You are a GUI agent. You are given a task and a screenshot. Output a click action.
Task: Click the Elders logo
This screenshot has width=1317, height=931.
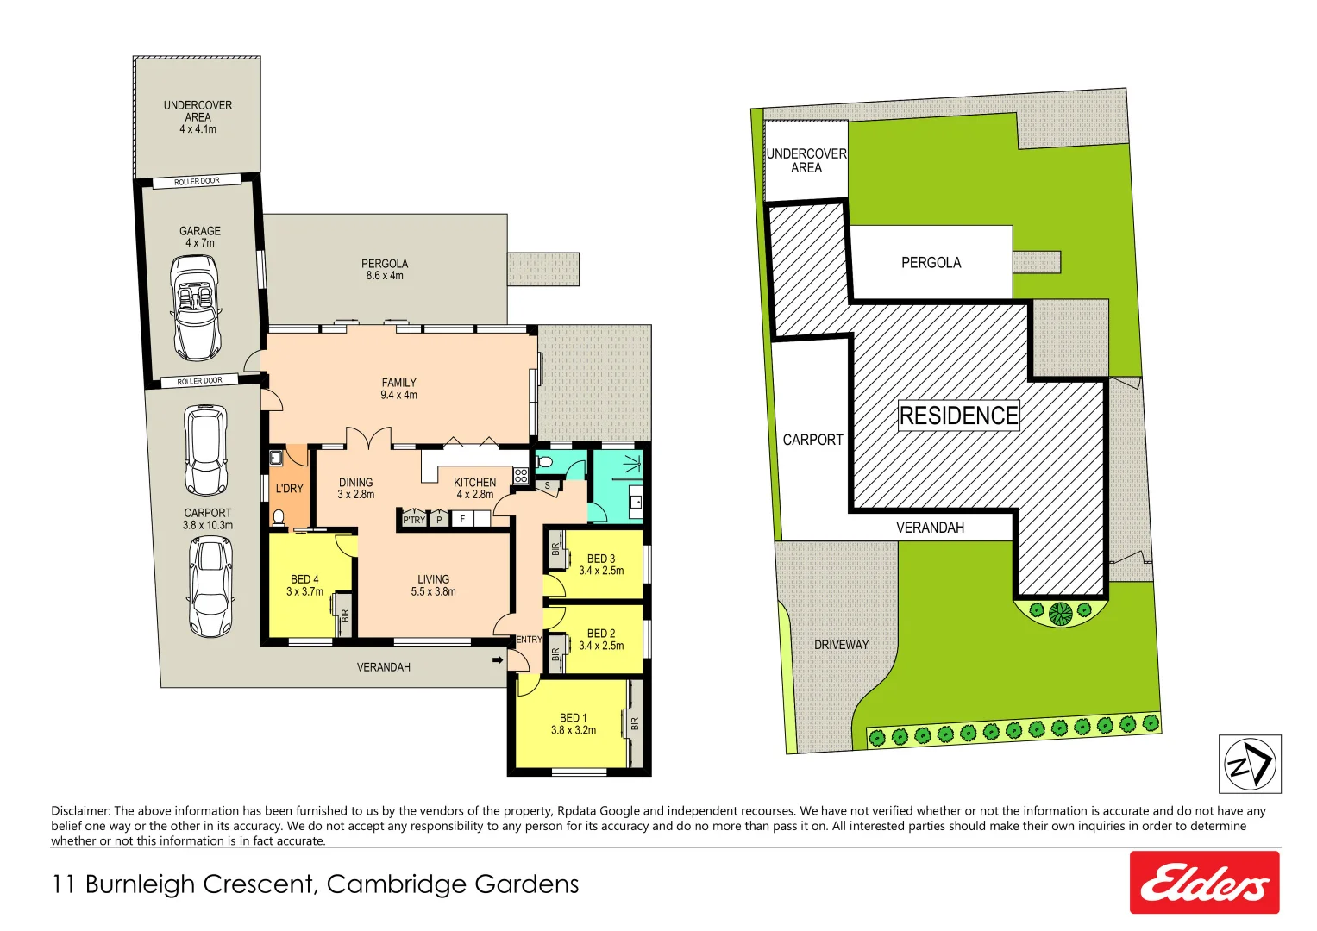pyautogui.click(x=1204, y=883)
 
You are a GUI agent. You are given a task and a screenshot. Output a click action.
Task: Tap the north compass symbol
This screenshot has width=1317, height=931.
pyautogui.click(x=1249, y=764)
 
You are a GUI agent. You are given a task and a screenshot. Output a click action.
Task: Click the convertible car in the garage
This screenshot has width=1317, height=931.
pyautogui.click(x=198, y=309)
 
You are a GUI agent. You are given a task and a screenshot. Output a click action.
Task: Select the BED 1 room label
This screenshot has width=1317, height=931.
pyautogui.click(x=574, y=724)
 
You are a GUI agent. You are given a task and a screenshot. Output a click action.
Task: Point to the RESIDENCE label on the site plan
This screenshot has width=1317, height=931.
pyautogui.click(x=958, y=416)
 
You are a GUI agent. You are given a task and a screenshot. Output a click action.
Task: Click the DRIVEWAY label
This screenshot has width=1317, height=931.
pyautogui.click(x=841, y=645)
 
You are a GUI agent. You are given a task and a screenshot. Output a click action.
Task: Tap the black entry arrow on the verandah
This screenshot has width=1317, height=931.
pyautogui.click(x=497, y=660)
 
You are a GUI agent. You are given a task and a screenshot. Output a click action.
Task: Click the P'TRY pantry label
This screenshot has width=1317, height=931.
pyautogui.click(x=414, y=520)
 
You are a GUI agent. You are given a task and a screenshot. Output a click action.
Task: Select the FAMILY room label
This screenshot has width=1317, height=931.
pyautogui.click(x=398, y=389)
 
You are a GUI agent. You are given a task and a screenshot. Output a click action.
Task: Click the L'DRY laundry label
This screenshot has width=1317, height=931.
pyautogui.click(x=289, y=489)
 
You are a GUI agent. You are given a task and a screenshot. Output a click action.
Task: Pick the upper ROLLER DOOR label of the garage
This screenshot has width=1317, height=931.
pyautogui.click(x=198, y=182)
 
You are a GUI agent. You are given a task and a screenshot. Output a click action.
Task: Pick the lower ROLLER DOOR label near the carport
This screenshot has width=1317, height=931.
pyautogui.click(x=200, y=381)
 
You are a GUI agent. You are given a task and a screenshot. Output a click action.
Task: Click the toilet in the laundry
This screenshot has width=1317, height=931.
pyautogui.click(x=279, y=517)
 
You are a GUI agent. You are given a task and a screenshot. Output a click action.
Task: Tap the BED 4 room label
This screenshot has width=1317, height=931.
pyautogui.click(x=304, y=585)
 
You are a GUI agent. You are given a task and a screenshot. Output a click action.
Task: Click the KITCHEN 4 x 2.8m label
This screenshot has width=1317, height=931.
pyautogui.click(x=474, y=488)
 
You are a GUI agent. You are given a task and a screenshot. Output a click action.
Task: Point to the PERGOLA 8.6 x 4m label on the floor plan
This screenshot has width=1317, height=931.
pyautogui.click(x=385, y=270)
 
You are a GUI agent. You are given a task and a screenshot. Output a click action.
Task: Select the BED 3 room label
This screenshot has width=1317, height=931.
pyautogui.click(x=601, y=565)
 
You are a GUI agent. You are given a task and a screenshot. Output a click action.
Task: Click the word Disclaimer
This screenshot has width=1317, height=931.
pyautogui.click(x=80, y=811)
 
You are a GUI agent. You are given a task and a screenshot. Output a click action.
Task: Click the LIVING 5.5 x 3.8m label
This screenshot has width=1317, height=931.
pyautogui.click(x=433, y=585)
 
